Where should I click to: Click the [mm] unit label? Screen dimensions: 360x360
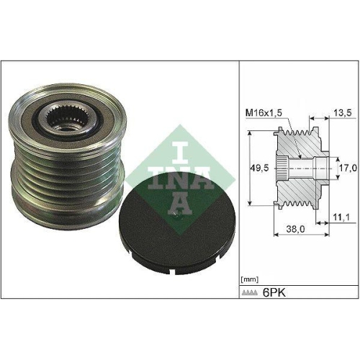pos(249,277)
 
